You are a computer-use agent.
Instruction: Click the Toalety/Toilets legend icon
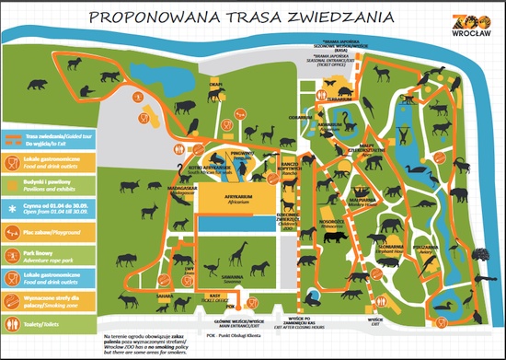click(x=12, y=323)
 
